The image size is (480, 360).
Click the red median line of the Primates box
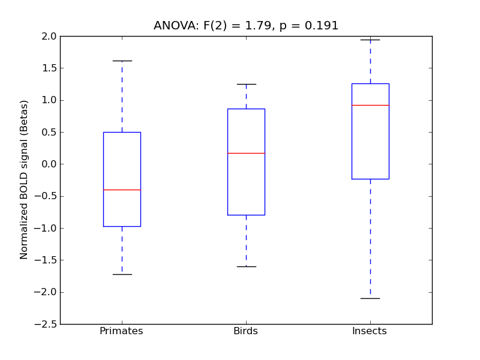(122, 190)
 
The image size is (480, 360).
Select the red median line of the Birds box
(246, 153)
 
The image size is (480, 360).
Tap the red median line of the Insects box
(370, 105)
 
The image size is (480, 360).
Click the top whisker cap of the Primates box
(122, 61)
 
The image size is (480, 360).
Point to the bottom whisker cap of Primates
(122, 274)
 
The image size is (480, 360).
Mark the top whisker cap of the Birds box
(246, 84)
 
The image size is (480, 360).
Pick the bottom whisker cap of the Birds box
(246, 266)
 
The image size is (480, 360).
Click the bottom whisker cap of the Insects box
(370, 298)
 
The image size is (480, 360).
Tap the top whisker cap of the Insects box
(370, 40)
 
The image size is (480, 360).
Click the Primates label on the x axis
(121, 331)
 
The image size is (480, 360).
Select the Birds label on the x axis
(245, 331)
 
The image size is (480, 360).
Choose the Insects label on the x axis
(369, 331)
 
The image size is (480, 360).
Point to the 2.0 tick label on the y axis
(49, 36)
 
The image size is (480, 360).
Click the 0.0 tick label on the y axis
(49, 164)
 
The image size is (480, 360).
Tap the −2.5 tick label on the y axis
(46, 324)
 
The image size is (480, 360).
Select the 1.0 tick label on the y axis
(49, 100)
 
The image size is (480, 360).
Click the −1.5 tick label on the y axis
(46, 260)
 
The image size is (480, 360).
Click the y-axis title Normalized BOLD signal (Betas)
(24, 180)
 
